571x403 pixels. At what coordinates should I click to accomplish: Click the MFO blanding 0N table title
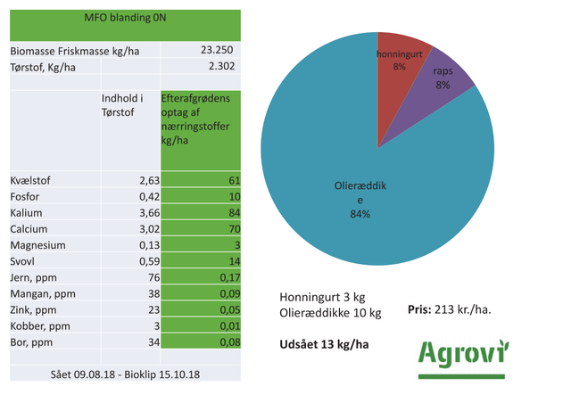tap(125, 18)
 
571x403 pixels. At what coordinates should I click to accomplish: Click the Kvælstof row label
tap(31, 181)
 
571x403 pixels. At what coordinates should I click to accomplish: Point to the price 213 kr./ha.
tap(461, 308)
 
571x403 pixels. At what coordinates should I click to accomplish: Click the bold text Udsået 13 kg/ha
tap(326, 344)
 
